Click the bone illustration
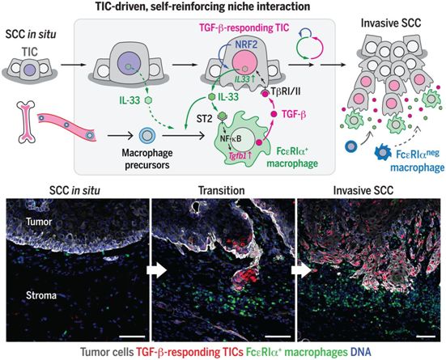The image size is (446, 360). [26, 121]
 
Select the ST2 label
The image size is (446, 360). [203, 118]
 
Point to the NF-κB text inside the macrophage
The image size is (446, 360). [231, 138]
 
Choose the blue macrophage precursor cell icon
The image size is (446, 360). [147, 135]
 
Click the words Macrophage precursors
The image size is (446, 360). [147, 159]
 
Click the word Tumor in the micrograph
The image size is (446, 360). [39, 222]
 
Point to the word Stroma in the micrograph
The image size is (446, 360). [41, 295]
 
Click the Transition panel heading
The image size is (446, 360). [222, 190]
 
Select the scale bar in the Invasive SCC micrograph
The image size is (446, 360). [426, 337]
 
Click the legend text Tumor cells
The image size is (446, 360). [107, 352]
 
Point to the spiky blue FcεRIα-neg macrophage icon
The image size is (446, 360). [383, 153]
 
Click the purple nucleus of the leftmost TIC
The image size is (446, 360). [30, 70]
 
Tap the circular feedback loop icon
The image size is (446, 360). [309, 43]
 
